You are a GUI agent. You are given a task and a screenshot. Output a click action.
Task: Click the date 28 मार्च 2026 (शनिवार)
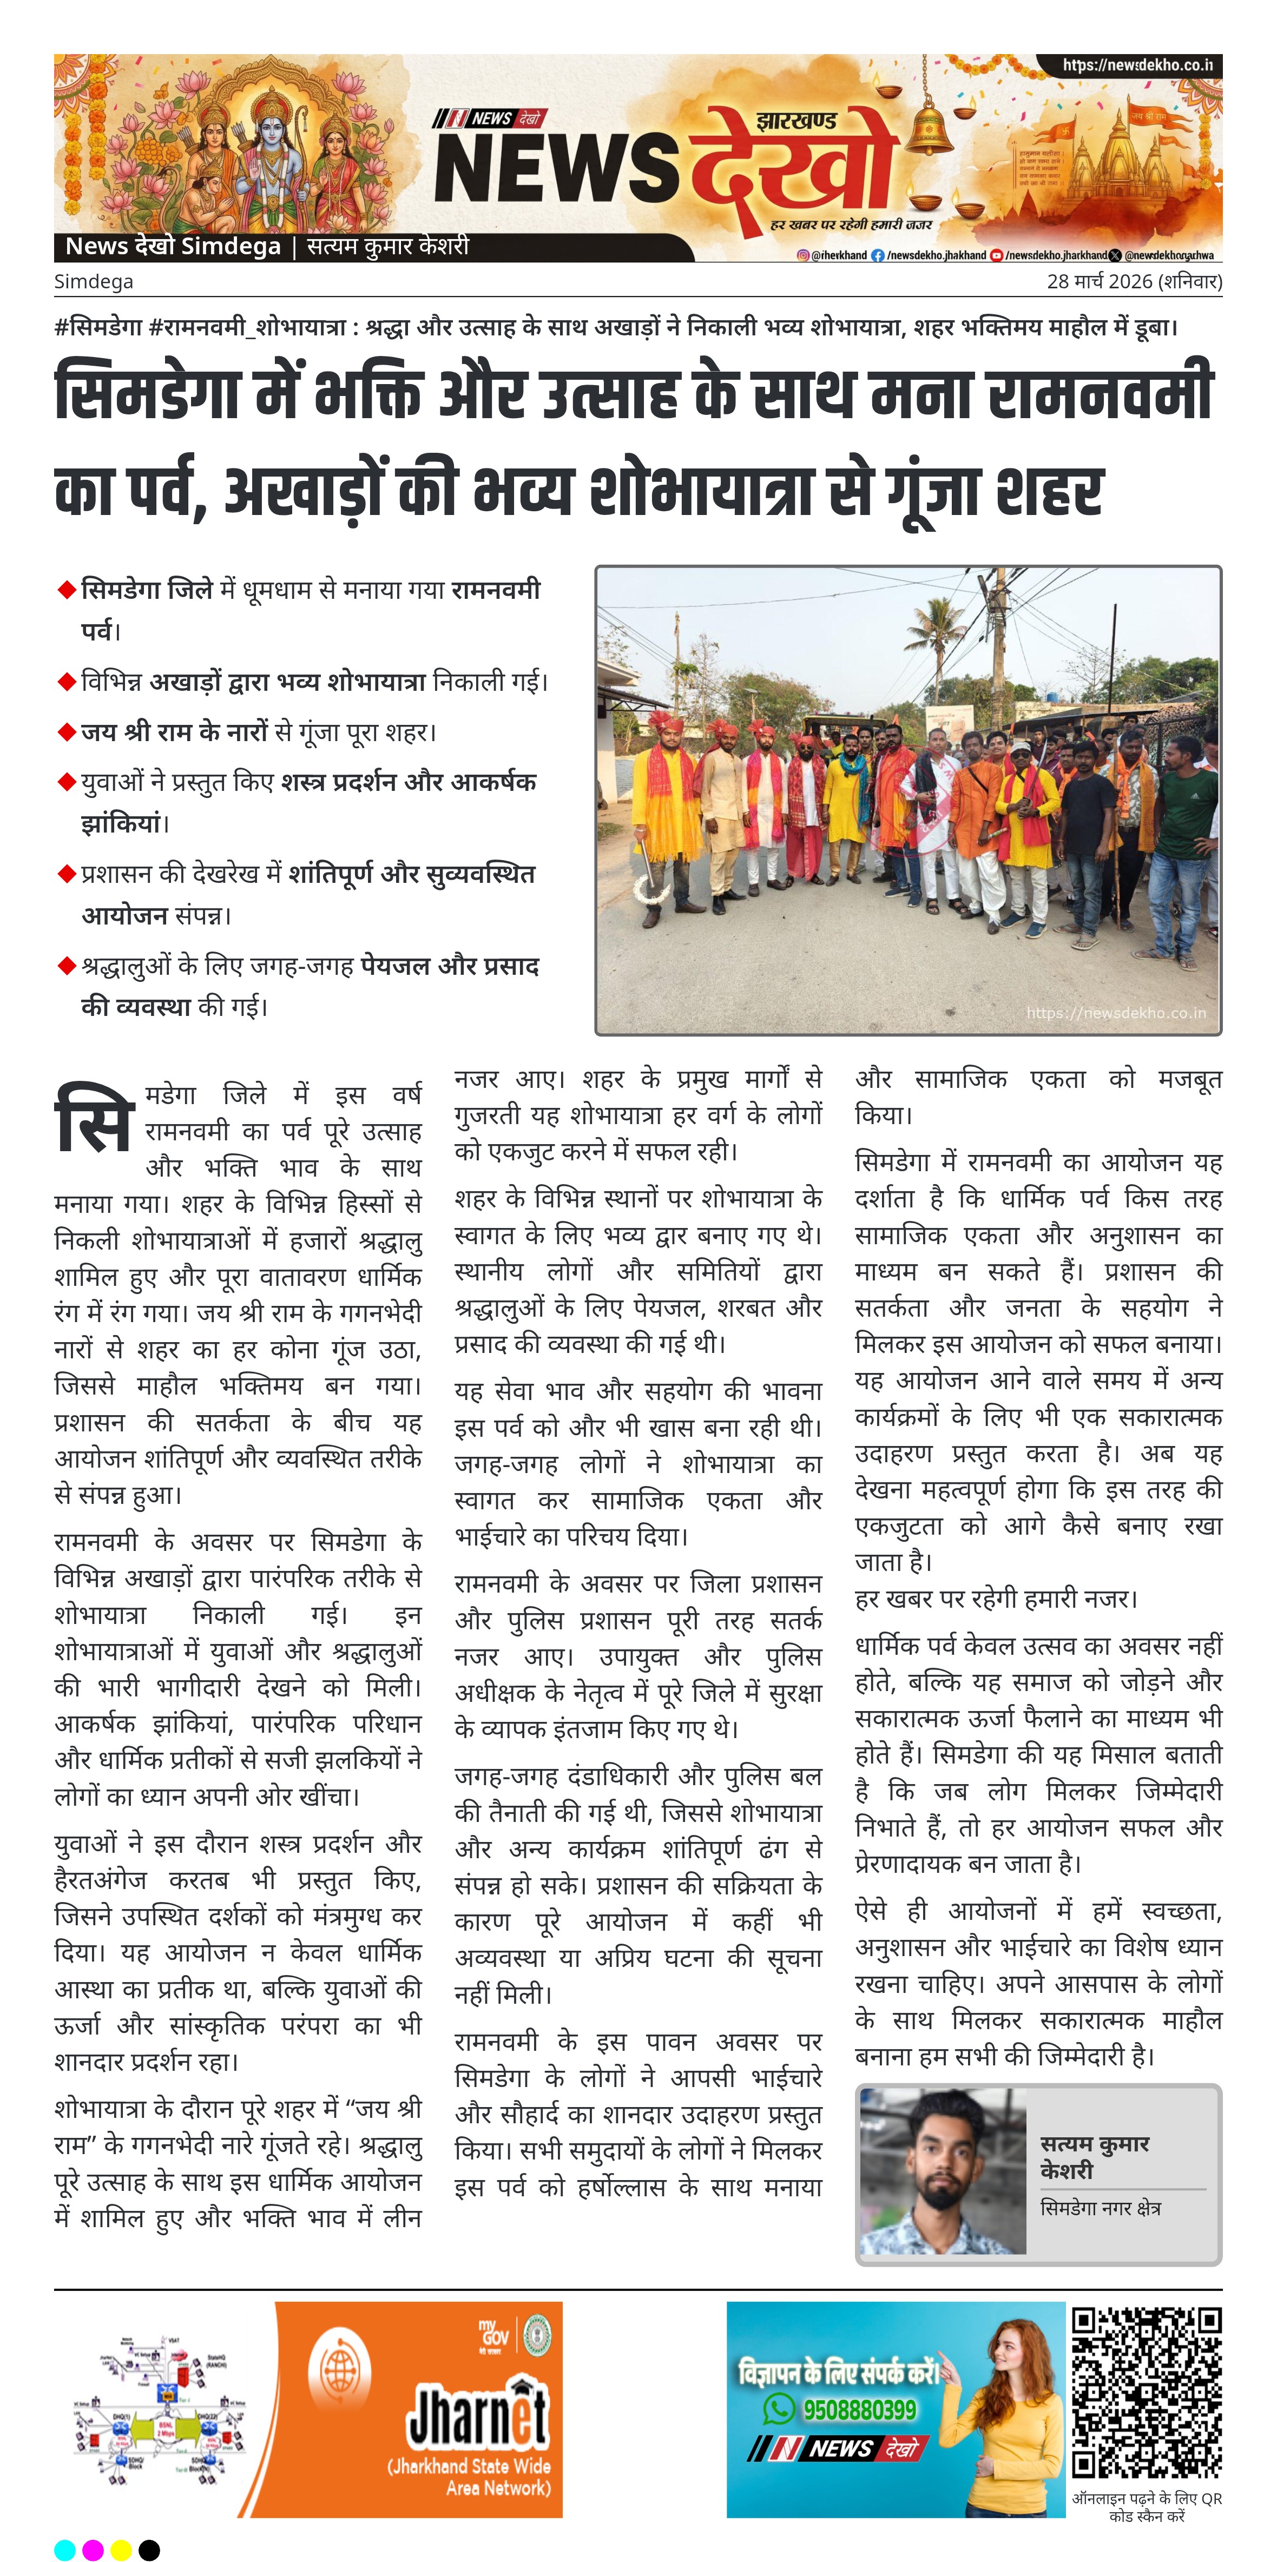pyautogui.click(x=1134, y=281)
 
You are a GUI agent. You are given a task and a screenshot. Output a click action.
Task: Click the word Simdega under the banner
pyautogui.click(x=94, y=281)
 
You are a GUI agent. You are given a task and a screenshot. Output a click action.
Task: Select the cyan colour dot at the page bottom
pyautogui.click(x=64, y=2549)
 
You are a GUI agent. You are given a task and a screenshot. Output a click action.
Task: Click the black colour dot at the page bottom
pyautogui.click(x=149, y=2549)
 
